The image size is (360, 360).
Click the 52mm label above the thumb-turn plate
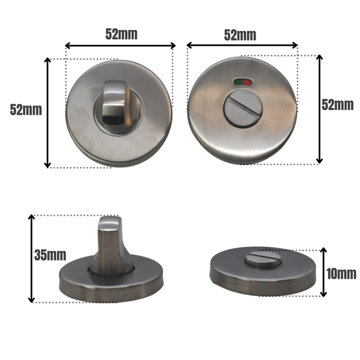coord(121,34)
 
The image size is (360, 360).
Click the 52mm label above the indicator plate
coord(240,35)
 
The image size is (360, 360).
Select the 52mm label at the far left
coord(26,110)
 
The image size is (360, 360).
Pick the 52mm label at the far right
coord(337,104)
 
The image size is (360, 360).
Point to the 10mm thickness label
coord(341,273)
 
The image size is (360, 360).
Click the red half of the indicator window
coord(245,81)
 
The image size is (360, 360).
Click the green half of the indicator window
coord(238,81)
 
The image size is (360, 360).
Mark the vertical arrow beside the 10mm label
coord(323,272)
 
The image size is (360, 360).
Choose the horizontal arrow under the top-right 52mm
coord(242,46)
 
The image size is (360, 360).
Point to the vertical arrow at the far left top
coord(48,113)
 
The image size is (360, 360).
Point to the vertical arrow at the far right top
coord(319,109)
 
